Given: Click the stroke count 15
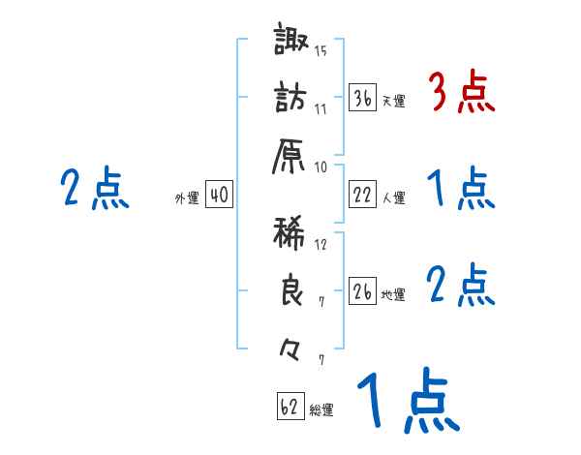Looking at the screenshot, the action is [321, 51].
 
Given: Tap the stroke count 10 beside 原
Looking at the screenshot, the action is [321, 166].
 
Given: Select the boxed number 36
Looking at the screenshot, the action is [363, 98].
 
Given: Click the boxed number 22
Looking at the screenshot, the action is [363, 196].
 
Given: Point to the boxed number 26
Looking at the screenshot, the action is [363, 292].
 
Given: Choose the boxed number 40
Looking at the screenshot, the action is [218, 196].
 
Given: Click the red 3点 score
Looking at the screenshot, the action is [461, 93].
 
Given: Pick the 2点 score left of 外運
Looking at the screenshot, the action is [94, 190].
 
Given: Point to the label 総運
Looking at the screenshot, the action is [321, 410].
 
